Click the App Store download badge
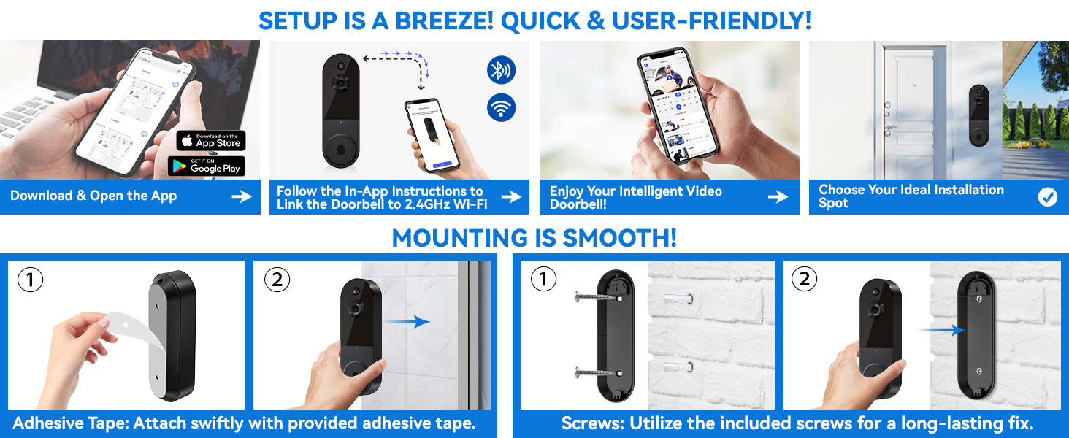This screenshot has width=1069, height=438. [211, 141]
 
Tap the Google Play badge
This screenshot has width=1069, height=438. [206, 166]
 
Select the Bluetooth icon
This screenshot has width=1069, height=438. [501, 71]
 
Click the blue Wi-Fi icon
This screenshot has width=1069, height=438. [501, 108]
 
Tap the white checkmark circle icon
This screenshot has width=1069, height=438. [1047, 196]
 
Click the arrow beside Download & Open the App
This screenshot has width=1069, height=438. [241, 196]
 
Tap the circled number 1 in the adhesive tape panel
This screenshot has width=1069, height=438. [30, 280]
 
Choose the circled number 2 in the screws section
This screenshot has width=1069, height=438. [804, 280]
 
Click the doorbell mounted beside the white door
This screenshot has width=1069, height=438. [978, 115]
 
